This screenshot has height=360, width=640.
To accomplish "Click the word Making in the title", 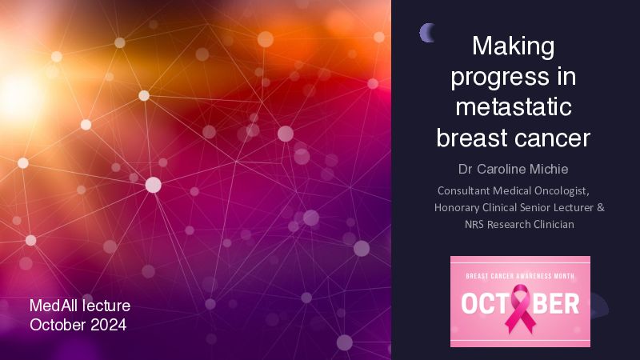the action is coord(513,47).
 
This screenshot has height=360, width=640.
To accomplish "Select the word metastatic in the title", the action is coord(514,106).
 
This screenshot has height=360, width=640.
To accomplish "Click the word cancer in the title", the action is coord(552,138).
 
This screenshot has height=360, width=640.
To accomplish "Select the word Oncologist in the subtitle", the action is coord(562,191).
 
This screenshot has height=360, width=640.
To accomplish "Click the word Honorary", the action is coord(457,208).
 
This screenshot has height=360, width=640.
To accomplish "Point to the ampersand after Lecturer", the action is coord(601,207).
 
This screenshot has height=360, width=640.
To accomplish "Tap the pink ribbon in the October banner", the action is coord(520,308).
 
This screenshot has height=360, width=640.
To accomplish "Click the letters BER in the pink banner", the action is coord(556,304).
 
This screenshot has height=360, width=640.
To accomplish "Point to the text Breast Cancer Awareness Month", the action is coord(520,276).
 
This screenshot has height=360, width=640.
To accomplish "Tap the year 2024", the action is coord(109,326).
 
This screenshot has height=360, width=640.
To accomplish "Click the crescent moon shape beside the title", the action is coord(426,33).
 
